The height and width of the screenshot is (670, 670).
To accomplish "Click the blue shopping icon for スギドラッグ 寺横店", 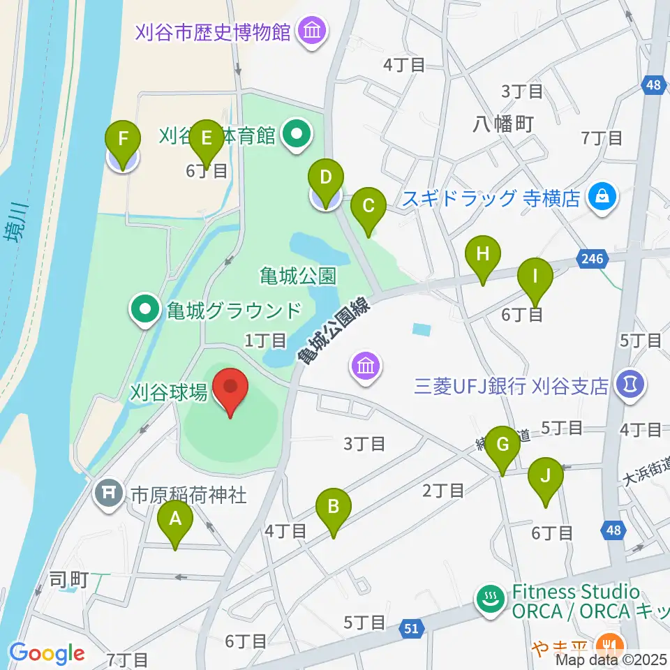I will coord(599,198).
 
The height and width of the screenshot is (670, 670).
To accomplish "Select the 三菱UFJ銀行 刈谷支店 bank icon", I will coord(630,385).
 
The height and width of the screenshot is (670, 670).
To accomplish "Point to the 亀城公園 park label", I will coord(288,276).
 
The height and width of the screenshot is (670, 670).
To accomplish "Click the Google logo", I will coord(47,653).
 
